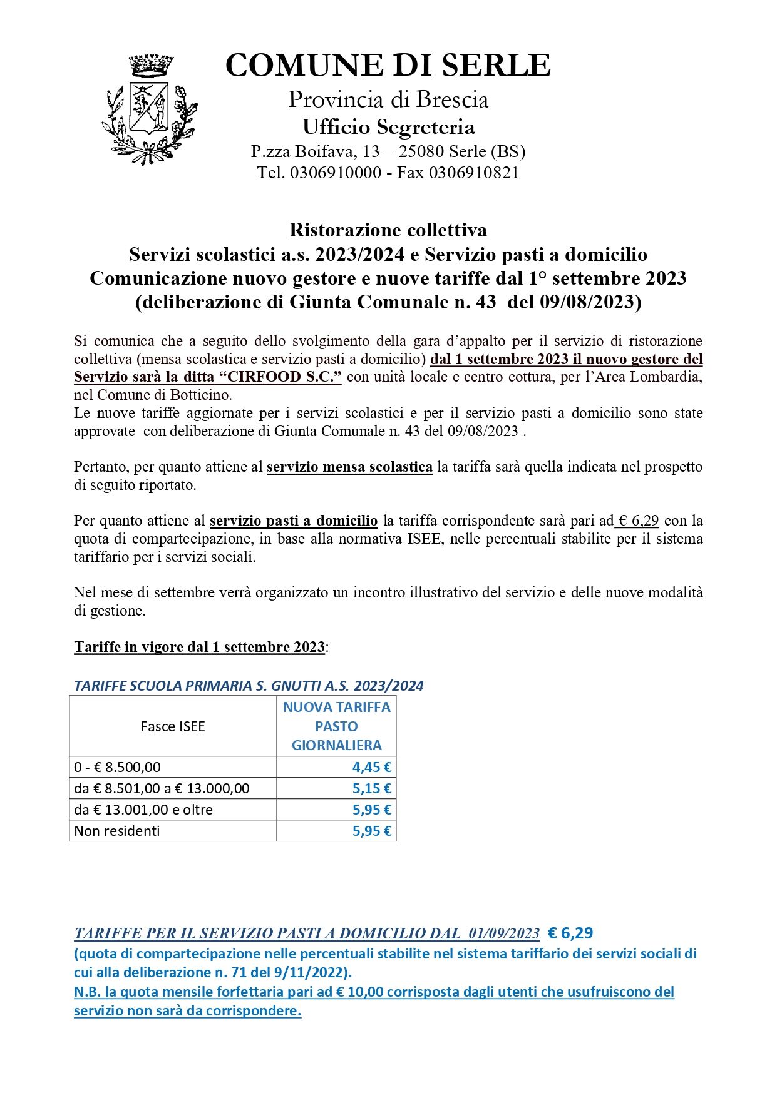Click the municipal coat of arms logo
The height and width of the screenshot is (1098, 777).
[x=149, y=109]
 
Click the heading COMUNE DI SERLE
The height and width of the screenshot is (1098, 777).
[x=388, y=66]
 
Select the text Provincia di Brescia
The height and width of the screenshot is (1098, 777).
[x=388, y=100]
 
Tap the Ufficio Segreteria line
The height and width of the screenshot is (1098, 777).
[x=388, y=127]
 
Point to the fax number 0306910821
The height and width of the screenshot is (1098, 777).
[x=473, y=173]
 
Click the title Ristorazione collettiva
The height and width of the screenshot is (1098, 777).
[x=388, y=230]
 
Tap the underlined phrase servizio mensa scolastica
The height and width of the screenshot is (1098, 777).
[x=349, y=467]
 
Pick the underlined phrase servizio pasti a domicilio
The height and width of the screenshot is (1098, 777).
[x=294, y=521]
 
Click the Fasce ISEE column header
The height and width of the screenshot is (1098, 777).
[x=173, y=726]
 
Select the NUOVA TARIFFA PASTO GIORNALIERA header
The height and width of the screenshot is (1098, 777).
[x=336, y=726]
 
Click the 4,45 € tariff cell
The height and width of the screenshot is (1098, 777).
[x=371, y=767]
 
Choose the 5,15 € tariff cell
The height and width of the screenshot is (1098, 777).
[x=371, y=788]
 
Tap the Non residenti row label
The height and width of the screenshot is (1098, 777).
[x=117, y=831]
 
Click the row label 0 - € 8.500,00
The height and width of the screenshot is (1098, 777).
[x=117, y=767]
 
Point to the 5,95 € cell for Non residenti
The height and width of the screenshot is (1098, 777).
[x=371, y=831]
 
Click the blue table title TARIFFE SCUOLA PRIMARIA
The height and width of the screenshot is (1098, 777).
[x=249, y=686]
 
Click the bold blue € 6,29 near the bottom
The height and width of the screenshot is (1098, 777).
[x=570, y=933]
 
